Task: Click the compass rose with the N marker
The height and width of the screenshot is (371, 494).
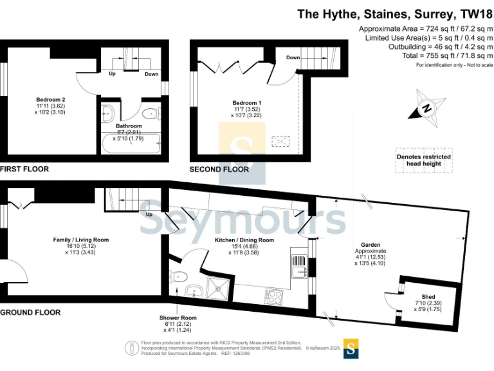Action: click(425, 109)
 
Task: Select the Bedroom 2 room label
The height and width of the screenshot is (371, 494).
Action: click(51, 100)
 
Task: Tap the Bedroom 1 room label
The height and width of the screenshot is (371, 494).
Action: click(246, 103)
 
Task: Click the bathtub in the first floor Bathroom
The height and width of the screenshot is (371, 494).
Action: click(131, 144)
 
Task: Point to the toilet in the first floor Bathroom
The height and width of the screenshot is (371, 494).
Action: click(151, 114)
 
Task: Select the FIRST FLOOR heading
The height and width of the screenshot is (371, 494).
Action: click(24, 169)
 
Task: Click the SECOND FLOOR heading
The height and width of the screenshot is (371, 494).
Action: click(219, 169)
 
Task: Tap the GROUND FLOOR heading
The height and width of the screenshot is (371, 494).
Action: click(30, 312)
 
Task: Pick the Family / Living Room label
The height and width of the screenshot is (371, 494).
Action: click(80, 240)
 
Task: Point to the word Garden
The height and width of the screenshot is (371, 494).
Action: click(370, 245)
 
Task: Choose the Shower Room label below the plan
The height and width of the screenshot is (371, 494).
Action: click(179, 318)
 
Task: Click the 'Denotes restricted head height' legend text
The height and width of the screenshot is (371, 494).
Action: click(423, 160)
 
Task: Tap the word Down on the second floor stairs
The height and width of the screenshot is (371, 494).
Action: click(293, 57)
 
